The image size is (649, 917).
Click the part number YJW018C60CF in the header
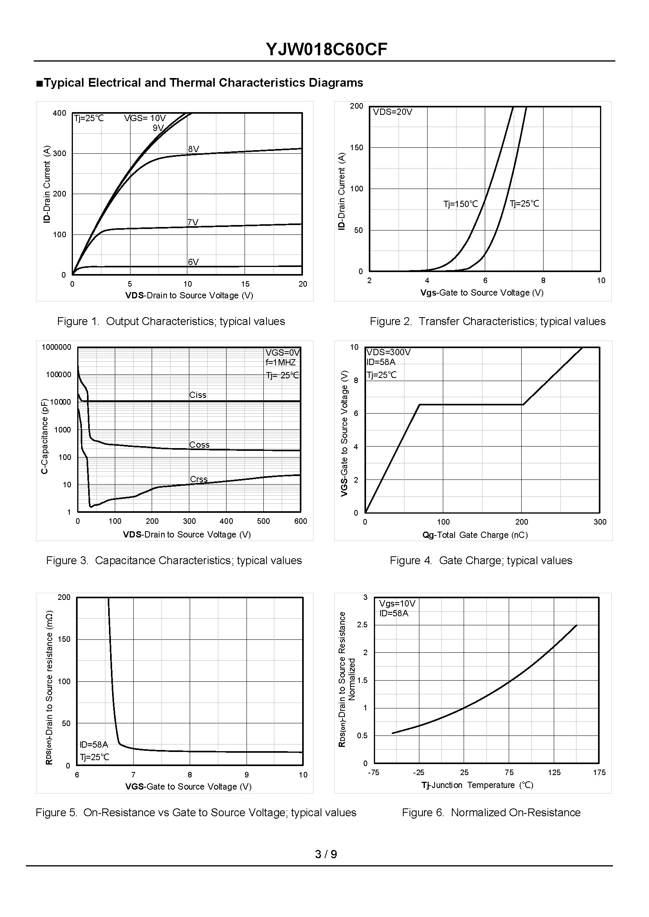click(x=326, y=50)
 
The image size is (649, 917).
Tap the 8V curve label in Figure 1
click(x=194, y=149)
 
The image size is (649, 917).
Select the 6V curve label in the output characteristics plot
click(x=194, y=262)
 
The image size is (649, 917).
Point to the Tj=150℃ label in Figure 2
click(x=460, y=204)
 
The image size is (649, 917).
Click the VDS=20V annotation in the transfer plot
click(x=392, y=112)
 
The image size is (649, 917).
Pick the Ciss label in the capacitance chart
click(x=198, y=395)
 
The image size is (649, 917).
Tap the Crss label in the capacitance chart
click(x=199, y=479)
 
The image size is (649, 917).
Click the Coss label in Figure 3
click(x=199, y=445)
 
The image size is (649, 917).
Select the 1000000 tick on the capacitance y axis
click(x=56, y=347)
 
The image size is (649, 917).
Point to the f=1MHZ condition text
click(x=281, y=363)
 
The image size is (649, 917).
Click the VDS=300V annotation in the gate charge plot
click(x=388, y=352)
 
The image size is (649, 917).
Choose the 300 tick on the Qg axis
click(x=600, y=522)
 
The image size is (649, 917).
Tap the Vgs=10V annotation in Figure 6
click(x=397, y=604)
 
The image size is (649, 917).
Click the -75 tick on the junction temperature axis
click(x=373, y=773)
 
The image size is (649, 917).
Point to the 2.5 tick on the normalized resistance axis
click(x=362, y=625)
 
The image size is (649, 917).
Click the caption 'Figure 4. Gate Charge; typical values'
click(x=481, y=561)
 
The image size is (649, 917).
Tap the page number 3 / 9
click(x=326, y=854)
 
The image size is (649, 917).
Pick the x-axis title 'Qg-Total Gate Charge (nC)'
click(x=475, y=535)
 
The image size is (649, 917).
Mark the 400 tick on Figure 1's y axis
click(x=59, y=114)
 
